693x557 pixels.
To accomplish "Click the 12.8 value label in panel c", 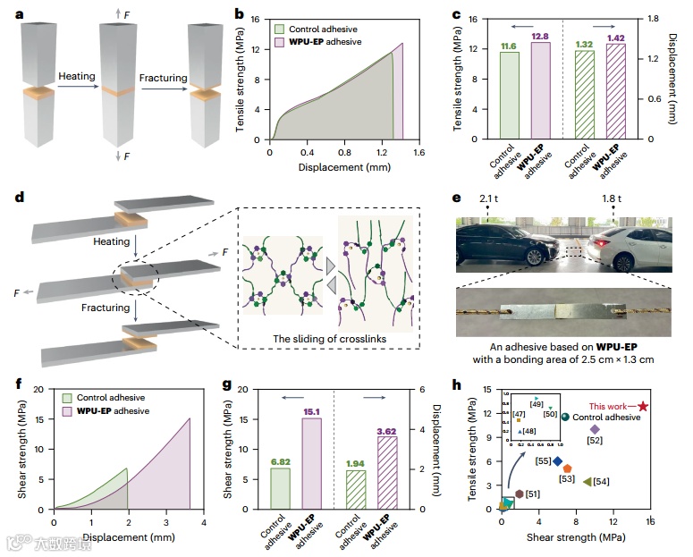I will coord(541,36).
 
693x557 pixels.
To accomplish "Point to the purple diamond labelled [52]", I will coord(595,429).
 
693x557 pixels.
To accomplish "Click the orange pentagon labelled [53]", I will coord(568,468).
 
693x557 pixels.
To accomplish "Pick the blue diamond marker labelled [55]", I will coord(557,461).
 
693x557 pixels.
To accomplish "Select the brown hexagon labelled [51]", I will coord(519,494).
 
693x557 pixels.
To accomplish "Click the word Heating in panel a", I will coord(76,78).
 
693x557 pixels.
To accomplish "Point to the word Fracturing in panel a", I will coord(164,78).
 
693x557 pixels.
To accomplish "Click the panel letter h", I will coord(457,386).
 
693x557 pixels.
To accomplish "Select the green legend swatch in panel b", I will coord(280,28).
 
